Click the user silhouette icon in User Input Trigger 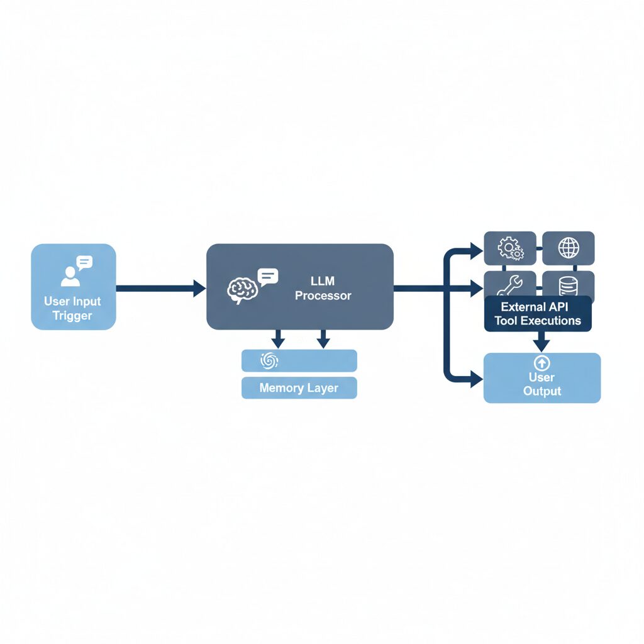[x=70, y=277]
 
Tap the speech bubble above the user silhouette [x=84, y=262]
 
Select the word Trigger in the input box [x=72, y=316]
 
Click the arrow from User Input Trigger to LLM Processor [x=161, y=288]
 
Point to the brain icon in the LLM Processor [x=242, y=291]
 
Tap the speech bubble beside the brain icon [x=268, y=277]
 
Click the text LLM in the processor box [x=323, y=281]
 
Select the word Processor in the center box [x=323, y=296]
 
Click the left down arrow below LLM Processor [x=278, y=339]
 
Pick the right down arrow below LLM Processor [x=323, y=339]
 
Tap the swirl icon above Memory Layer [x=269, y=360]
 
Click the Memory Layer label [x=299, y=388]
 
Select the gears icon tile [x=510, y=248]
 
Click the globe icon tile [x=569, y=248]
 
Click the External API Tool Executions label [x=538, y=314]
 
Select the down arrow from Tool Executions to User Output [x=541, y=341]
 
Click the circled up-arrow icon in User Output [x=541, y=363]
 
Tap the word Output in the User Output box [x=542, y=391]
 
